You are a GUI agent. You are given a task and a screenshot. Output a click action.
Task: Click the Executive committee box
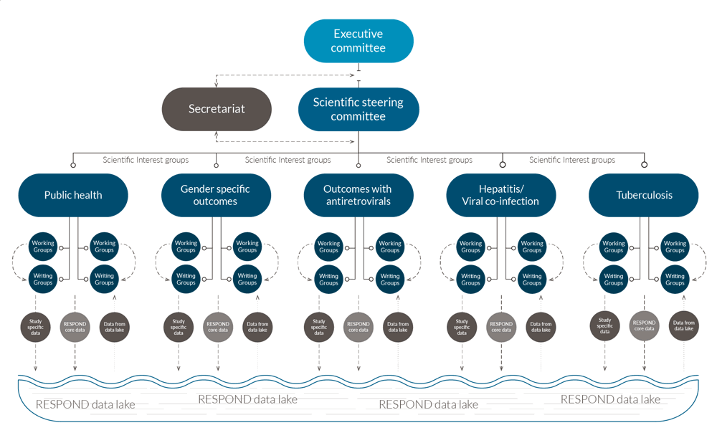click(358, 41)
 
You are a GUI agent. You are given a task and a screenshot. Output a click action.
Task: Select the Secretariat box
click(217, 109)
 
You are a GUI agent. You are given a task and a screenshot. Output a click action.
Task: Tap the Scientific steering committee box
click(358, 109)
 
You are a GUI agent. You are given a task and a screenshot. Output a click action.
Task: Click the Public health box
click(73, 195)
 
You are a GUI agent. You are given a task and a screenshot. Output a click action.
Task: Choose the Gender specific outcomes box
click(216, 195)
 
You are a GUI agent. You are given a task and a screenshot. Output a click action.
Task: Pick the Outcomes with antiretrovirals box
click(358, 195)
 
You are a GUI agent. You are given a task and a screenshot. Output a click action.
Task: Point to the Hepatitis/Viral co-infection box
click(500, 195)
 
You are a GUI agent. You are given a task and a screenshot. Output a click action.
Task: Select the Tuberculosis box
click(643, 195)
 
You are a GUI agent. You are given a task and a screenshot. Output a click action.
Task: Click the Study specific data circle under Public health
click(36, 327)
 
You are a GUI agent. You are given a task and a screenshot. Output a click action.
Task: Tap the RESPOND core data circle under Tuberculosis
click(644, 326)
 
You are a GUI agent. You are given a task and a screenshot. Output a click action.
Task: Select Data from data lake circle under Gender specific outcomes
click(257, 327)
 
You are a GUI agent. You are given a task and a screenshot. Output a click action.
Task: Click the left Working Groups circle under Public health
click(43, 247)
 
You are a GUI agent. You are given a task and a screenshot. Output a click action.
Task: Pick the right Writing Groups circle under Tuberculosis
click(675, 279)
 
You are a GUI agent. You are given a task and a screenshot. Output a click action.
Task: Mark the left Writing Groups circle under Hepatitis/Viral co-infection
click(470, 279)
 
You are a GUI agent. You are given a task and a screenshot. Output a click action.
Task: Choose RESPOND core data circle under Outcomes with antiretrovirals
click(358, 327)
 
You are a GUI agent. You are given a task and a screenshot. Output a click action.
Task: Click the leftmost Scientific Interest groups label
click(146, 160)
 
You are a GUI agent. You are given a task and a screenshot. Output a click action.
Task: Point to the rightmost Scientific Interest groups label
click(572, 160)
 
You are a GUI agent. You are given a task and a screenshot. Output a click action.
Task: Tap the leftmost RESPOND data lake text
click(85, 404)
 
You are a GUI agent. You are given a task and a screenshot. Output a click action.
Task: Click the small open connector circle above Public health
click(73, 165)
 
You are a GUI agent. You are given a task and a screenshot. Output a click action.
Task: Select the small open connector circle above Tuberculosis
click(644, 165)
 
